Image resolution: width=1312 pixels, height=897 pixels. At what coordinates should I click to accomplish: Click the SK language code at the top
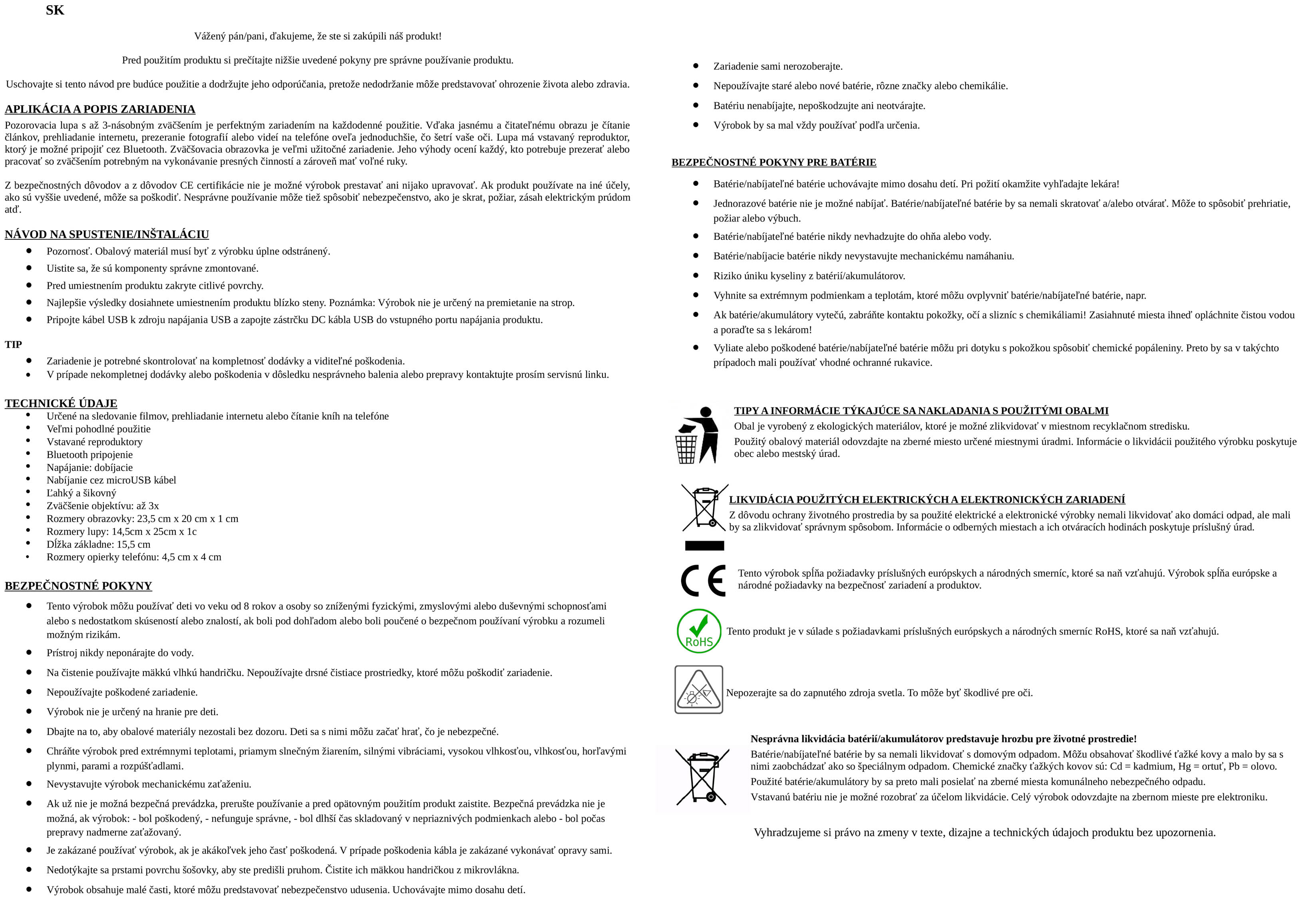(55, 10)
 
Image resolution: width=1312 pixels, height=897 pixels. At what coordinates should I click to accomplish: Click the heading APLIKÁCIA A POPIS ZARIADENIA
(100, 109)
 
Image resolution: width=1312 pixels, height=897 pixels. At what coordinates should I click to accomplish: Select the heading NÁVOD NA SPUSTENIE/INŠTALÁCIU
(107, 234)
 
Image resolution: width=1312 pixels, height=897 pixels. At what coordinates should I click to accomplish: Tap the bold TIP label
(14, 345)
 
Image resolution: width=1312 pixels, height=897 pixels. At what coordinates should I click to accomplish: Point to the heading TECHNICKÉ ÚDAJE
(61, 403)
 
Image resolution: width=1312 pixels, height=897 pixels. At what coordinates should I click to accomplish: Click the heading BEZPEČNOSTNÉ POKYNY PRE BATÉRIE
(773, 163)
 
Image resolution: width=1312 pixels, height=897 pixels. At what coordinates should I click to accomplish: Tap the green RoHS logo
(699, 631)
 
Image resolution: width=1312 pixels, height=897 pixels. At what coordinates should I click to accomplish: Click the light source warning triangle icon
(698, 690)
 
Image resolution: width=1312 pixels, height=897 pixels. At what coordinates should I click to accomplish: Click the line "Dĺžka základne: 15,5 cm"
(98, 544)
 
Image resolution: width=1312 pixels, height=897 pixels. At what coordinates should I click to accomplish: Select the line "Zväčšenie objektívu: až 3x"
(103, 506)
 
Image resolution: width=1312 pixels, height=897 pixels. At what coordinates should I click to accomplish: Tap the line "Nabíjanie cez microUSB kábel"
(111, 480)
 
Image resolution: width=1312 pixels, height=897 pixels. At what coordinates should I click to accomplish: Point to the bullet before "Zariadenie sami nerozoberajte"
(696, 66)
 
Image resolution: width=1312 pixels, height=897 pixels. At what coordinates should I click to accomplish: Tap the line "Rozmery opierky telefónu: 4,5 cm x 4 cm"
(134, 557)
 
